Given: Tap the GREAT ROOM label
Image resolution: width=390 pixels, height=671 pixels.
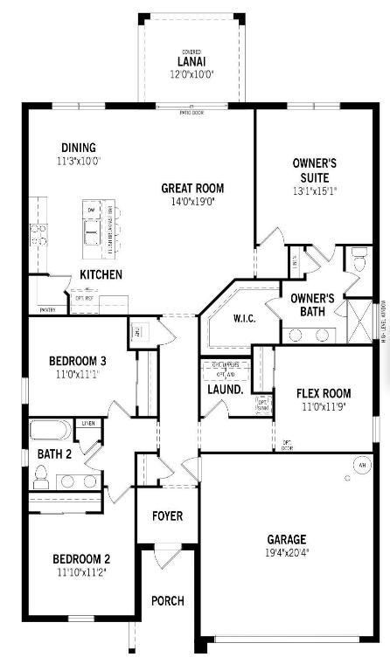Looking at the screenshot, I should click(x=192, y=188).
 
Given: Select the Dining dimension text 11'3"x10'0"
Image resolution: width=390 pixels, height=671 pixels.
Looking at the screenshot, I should click(x=79, y=162).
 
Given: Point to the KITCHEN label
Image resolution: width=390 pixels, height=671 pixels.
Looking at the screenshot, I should click(x=101, y=274).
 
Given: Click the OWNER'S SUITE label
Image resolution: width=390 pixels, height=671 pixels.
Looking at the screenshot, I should click(x=315, y=169).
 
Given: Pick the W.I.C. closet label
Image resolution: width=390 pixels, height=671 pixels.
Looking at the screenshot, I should click(x=244, y=318).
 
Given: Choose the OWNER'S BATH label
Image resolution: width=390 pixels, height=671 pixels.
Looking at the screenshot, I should click(x=314, y=304).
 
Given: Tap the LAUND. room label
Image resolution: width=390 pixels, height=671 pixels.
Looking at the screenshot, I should click(x=226, y=389).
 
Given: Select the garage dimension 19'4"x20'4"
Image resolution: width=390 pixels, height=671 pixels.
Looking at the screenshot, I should click(x=287, y=553).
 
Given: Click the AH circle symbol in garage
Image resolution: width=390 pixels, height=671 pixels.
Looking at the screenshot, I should click(x=361, y=465).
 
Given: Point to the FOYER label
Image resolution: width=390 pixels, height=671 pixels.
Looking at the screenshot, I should click(x=167, y=515).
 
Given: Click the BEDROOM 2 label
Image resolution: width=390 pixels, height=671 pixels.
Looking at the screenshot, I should click(x=80, y=559).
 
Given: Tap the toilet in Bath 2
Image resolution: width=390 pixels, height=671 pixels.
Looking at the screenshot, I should click(x=40, y=477).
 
